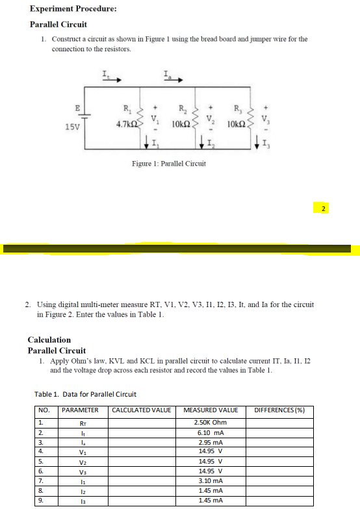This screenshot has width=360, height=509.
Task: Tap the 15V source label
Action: (73, 126)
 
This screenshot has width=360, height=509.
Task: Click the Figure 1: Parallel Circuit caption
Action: (168, 163)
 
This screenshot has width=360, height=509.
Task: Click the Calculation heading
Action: (49, 340)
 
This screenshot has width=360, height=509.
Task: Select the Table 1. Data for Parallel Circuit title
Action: (85, 394)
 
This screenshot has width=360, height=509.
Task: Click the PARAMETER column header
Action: (80, 410)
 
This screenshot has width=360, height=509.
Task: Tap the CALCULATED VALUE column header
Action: (142, 410)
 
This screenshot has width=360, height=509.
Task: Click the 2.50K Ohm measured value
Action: (211, 423)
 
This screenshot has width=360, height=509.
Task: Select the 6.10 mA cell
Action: (211, 432)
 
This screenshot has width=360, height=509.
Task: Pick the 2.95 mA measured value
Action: (211, 442)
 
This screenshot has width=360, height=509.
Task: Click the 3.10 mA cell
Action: (211, 481)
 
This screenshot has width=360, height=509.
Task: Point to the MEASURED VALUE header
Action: (211, 410)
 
